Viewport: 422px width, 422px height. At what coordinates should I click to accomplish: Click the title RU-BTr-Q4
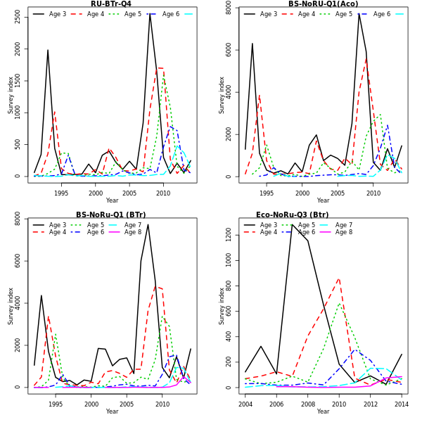(111, 4)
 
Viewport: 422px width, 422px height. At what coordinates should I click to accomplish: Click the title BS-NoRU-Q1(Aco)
(323, 4)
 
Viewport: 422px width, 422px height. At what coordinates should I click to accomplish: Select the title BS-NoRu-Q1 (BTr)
(111, 215)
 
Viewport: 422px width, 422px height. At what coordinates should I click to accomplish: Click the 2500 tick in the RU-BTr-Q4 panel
(18, 16)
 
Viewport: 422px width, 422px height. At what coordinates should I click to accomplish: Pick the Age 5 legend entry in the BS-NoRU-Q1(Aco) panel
(337, 14)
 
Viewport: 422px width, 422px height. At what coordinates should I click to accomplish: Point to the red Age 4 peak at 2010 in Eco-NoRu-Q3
(339, 279)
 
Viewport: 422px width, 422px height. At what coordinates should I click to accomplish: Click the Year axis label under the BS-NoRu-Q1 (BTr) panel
(112, 411)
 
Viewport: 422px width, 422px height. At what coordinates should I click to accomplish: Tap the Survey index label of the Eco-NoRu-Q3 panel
(222, 305)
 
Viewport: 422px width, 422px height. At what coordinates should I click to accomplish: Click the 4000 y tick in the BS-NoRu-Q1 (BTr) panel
(18, 303)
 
